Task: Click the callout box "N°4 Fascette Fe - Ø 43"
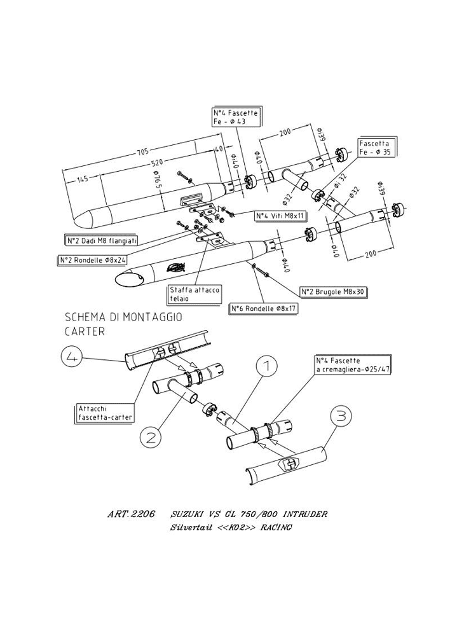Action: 233,118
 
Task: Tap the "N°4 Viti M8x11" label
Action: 280,216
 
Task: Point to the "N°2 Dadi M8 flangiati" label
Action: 102,240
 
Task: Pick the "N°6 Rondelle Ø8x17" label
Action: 264,308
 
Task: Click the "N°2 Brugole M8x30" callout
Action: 335,292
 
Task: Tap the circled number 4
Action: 73,358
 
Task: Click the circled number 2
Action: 151,436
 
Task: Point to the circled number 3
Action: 341,417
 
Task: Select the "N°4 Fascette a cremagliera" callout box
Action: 352,364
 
